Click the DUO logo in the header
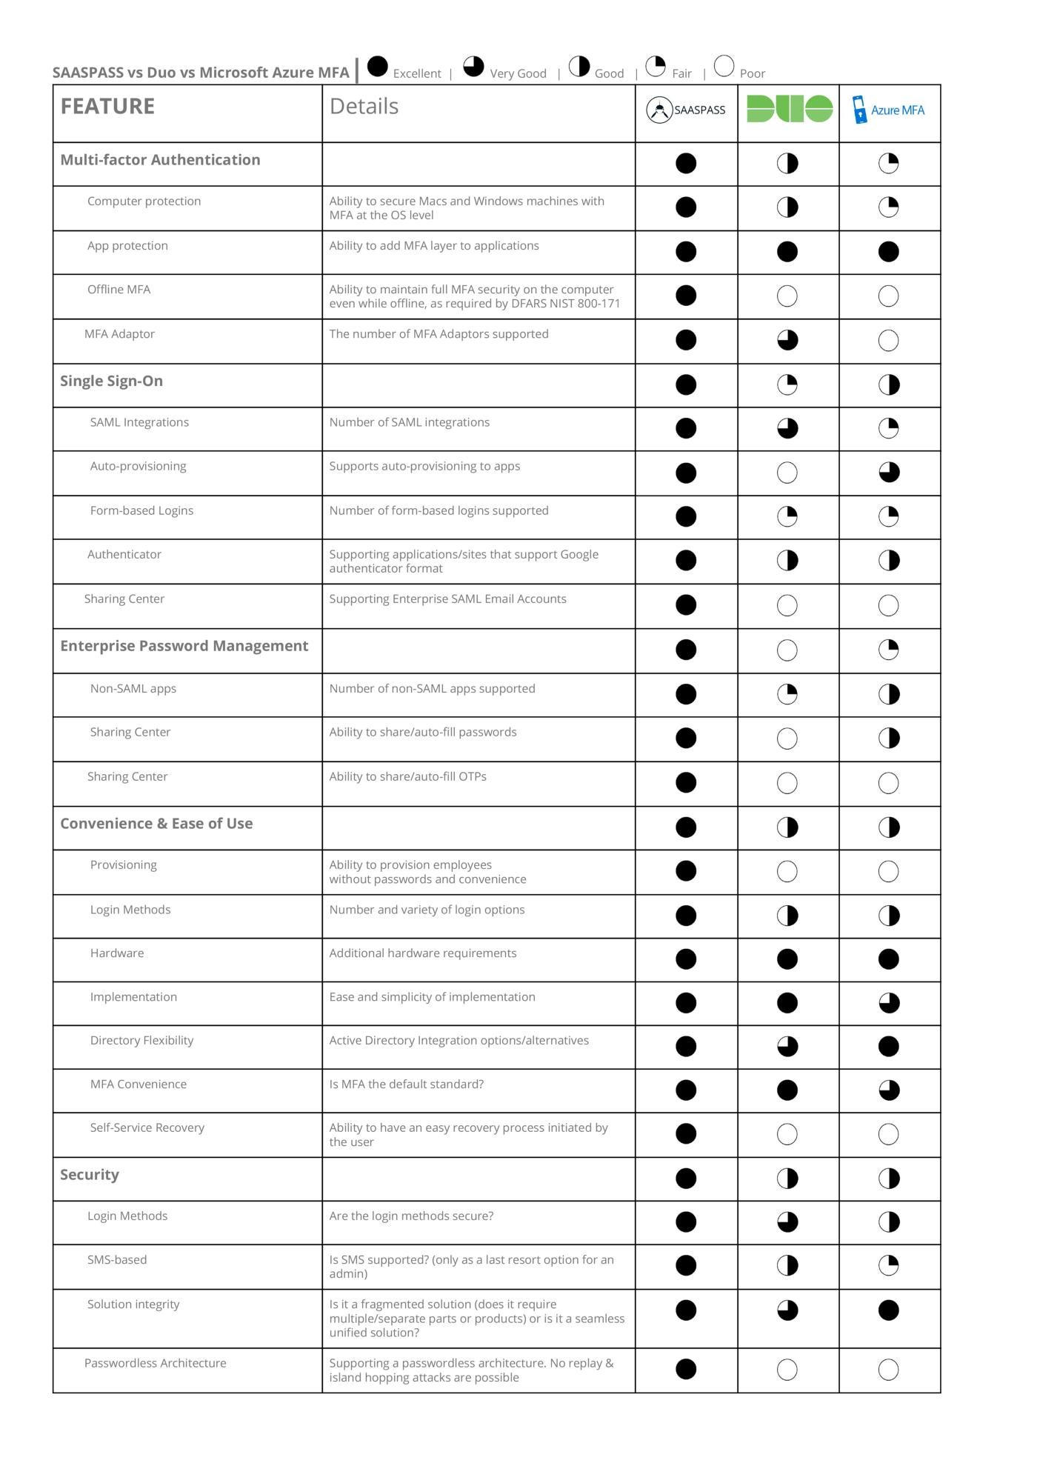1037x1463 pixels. (x=789, y=109)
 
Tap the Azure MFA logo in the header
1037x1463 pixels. (x=889, y=110)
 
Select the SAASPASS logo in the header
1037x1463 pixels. (x=686, y=110)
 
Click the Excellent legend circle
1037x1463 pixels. (x=378, y=67)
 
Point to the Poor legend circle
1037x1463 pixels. (x=724, y=66)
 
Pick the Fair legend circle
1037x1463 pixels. (x=656, y=67)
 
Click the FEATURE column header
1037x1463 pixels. (x=108, y=107)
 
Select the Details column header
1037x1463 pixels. (x=364, y=107)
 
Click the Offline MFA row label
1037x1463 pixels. (x=119, y=290)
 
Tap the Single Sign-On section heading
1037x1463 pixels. (x=112, y=381)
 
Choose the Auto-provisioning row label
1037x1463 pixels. (x=139, y=466)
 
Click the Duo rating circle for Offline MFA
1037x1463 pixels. (x=787, y=296)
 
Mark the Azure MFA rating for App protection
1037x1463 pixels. (x=889, y=252)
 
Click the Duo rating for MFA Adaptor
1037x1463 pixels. (x=787, y=340)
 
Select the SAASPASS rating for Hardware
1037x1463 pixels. (x=686, y=959)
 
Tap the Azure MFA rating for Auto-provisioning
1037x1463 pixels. (x=889, y=473)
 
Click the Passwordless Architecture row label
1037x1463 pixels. (x=156, y=1363)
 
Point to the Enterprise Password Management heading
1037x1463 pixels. (x=184, y=646)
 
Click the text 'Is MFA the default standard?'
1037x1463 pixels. (x=407, y=1084)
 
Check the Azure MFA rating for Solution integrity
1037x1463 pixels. (x=889, y=1310)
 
